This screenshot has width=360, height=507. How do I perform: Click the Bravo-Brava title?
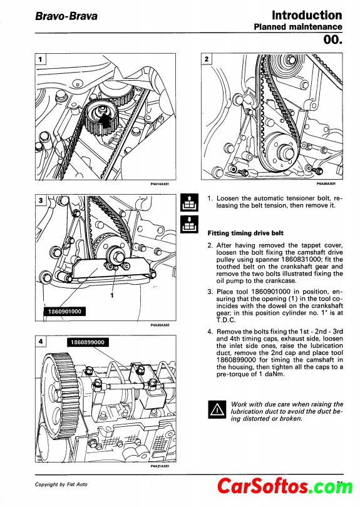coord(66,16)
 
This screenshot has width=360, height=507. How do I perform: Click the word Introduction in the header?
coord(307,15)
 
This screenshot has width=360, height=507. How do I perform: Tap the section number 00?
coord(332,39)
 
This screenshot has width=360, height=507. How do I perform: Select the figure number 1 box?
coord(41,59)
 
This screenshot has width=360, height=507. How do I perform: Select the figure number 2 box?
coord(207,59)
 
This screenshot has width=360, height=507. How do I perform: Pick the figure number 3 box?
coord(41,200)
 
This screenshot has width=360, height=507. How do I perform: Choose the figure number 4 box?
coord(41,342)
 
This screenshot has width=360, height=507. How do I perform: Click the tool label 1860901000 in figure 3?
coord(64,311)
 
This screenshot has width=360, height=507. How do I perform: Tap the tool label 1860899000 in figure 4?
coord(88,342)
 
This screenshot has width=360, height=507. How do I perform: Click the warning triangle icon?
coord(217,409)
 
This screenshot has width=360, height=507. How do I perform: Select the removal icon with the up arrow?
coord(189,202)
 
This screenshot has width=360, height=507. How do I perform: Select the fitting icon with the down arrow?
coord(189,224)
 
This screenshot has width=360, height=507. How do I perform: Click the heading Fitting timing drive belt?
coord(245,233)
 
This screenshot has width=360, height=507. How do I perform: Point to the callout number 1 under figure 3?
coord(112,295)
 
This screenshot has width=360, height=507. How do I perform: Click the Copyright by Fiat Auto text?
coord(61,484)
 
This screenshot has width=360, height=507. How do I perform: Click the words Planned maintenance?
coord(298,27)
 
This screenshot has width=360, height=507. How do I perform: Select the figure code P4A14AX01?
coord(160,183)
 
